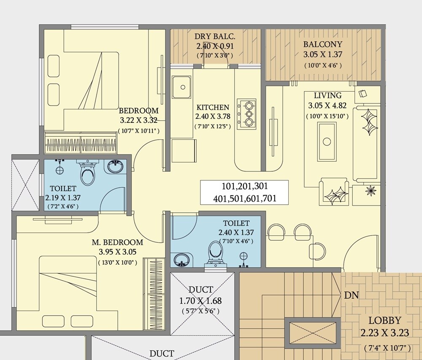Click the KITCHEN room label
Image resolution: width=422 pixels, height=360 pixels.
[213, 108]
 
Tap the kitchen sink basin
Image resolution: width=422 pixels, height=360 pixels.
[183, 87]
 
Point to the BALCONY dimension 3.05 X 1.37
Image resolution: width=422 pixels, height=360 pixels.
[322, 54]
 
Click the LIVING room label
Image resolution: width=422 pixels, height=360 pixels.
[327, 96]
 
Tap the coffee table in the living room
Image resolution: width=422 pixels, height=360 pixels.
[327, 141]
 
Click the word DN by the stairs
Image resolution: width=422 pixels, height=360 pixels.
[351, 295]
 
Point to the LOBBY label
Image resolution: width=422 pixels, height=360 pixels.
[384, 320]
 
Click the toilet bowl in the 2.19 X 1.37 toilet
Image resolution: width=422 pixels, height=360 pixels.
[88, 174]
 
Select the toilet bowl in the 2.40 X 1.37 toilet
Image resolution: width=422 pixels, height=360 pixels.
[215, 252]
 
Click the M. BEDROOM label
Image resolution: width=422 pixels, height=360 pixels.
[118, 242]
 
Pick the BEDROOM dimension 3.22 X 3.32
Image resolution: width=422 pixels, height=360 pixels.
[139, 121]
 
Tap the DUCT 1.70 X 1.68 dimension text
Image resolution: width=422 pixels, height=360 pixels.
[200, 301]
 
